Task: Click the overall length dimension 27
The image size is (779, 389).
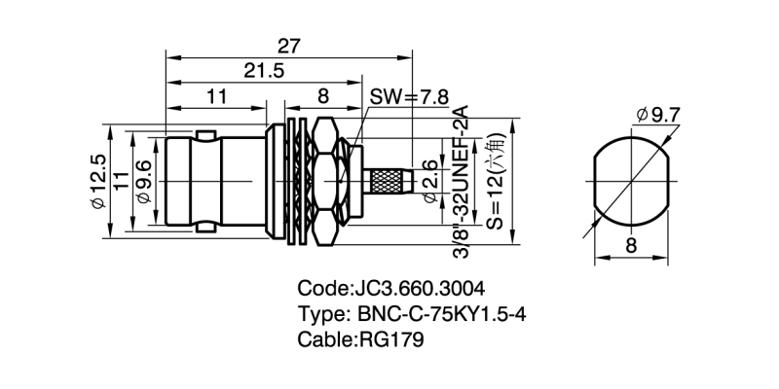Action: [x=289, y=45]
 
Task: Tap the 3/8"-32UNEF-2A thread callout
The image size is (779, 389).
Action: [x=462, y=179]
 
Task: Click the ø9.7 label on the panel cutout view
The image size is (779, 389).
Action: [x=658, y=116]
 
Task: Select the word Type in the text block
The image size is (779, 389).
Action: [x=319, y=314]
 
